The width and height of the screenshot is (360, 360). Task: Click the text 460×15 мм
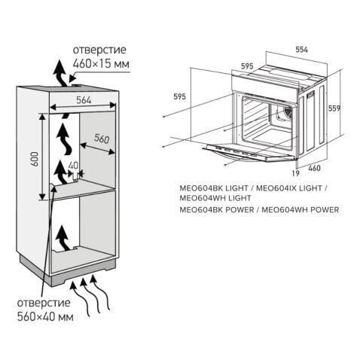101,64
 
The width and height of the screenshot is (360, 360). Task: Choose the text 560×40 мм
46,318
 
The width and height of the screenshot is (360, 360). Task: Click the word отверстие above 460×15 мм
99,50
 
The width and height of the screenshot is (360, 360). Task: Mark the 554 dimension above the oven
302,49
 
